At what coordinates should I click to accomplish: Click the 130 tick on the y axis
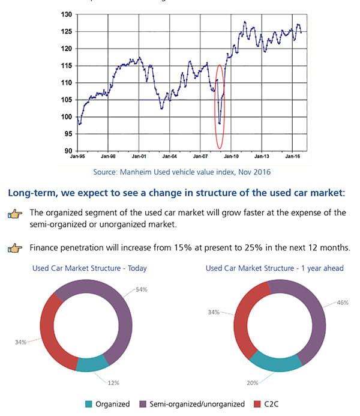[67, 14]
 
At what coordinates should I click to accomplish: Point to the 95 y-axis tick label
[68, 134]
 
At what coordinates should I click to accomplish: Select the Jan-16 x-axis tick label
[292, 155]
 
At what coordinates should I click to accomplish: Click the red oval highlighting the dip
[219, 106]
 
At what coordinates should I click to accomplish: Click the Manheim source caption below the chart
[182, 172]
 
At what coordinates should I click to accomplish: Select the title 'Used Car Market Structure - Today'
[89, 268]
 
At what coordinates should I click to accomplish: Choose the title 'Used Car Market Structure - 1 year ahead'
[275, 268]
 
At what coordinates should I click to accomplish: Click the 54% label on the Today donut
[141, 289]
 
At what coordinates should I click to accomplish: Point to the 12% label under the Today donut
[113, 382]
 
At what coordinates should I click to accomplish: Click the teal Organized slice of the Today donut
[91, 364]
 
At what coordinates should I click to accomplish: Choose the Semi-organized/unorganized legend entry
[192, 404]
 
